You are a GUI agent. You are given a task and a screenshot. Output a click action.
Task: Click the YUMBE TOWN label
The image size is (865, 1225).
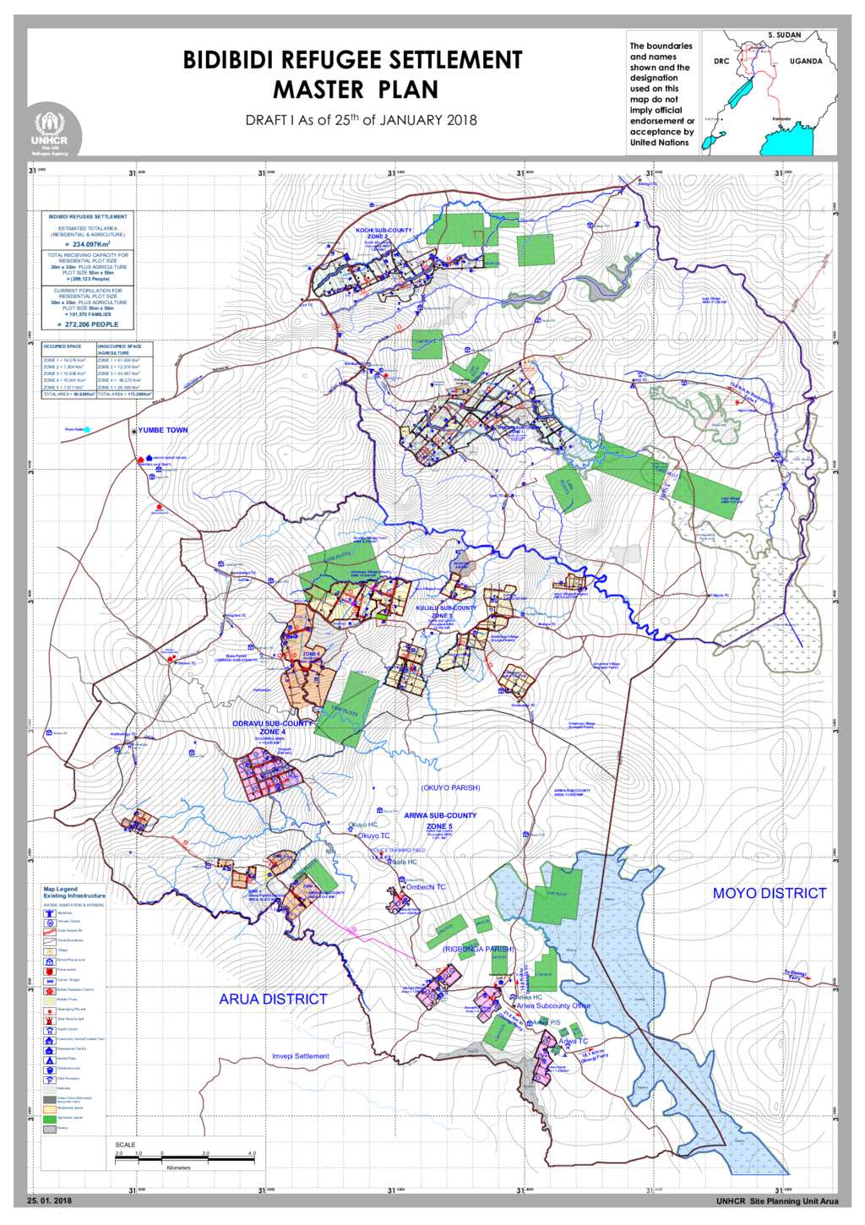coord(163,430)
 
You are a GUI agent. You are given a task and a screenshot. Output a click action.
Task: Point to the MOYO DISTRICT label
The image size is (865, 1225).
coord(769,893)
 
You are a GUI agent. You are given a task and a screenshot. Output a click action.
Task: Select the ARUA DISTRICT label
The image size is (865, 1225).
coord(273,999)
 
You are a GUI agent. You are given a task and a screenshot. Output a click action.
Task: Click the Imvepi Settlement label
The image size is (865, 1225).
coord(301,1056)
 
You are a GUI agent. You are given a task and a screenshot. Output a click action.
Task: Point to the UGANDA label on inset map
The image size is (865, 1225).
coord(806,62)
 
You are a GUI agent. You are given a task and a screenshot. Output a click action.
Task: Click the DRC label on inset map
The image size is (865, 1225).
coord(721,62)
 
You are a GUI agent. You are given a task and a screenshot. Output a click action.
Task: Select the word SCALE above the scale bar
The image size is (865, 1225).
coord(125,1145)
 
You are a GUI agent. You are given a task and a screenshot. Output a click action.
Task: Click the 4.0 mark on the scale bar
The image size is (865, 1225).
coord(252,1153)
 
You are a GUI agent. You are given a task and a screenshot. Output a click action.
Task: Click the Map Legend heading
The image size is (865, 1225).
coord(61,889)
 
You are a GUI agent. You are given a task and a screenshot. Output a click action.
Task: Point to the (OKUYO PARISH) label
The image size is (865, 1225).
coord(450,787)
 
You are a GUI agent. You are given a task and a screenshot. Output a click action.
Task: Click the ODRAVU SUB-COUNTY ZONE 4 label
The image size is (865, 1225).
coord(272,727)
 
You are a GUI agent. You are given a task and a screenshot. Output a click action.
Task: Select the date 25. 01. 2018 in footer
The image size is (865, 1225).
coord(49,1200)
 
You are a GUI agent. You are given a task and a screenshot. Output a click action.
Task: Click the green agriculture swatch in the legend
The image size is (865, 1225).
coord(49,1118)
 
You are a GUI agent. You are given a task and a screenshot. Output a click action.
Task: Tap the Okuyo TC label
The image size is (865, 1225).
coord(373,836)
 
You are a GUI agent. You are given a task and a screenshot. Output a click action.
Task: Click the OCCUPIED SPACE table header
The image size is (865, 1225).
coord(63,346)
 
